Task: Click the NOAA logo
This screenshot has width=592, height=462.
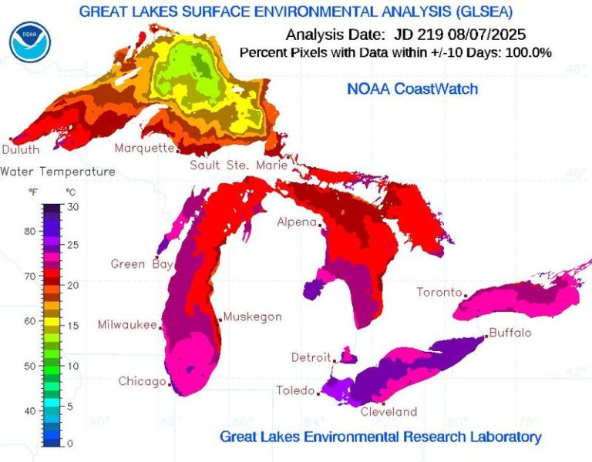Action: click(x=30, y=42)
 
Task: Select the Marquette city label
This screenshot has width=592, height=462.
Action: click(x=144, y=148)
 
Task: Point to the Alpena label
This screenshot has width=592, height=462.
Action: click(x=297, y=223)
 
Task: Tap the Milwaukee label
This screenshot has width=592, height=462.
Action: click(x=127, y=325)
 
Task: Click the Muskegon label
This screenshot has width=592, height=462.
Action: click(x=253, y=316)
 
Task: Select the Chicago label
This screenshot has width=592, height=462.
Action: click(x=142, y=381)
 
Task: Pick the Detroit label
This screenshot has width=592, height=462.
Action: click(x=311, y=357)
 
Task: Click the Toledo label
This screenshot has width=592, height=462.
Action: click(x=295, y=390)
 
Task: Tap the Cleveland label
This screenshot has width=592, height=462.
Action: click(x=388, y=411)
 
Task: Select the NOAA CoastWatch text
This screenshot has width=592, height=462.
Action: click(x=412, y=89)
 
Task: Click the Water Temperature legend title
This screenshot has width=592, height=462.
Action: click(x=58, y=171)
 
